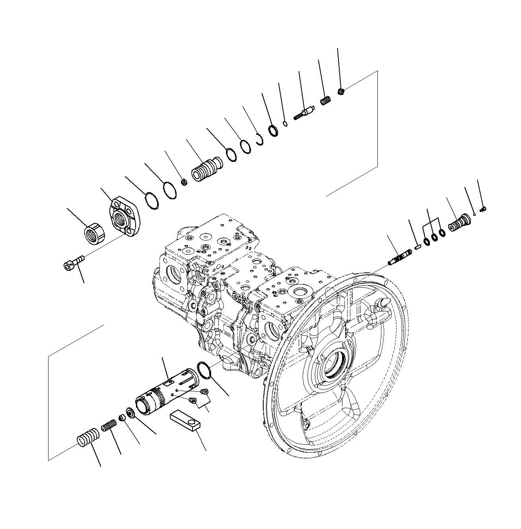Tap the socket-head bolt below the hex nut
[x=74, y=263]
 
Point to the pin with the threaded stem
[x=304, y=112]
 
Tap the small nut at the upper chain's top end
[x=341, y=92]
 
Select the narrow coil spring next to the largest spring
[x=108, y=428]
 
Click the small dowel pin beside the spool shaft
[x=417, y=247]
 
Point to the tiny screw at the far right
[x=484, y=209]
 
